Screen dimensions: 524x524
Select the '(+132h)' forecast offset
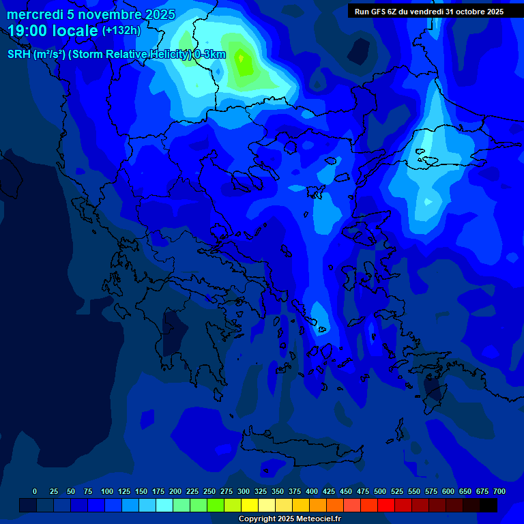[121, 31]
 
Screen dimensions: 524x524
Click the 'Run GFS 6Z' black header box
[429, 12]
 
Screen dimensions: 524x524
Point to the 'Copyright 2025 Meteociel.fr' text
[289, 519]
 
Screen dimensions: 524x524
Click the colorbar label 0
[35, 491]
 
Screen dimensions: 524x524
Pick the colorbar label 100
[106, 491]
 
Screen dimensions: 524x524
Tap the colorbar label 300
[244, 491]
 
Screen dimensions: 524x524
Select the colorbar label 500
[380, 491]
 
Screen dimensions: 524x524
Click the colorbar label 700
[499, 491]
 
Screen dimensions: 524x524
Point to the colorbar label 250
[209, 491]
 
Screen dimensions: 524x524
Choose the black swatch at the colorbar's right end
[489, 506]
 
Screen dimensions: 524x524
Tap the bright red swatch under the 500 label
[386, 506]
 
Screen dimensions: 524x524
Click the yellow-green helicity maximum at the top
[242, 63]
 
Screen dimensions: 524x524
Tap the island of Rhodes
[432, 391]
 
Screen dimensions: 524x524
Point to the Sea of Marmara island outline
[428, 162]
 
